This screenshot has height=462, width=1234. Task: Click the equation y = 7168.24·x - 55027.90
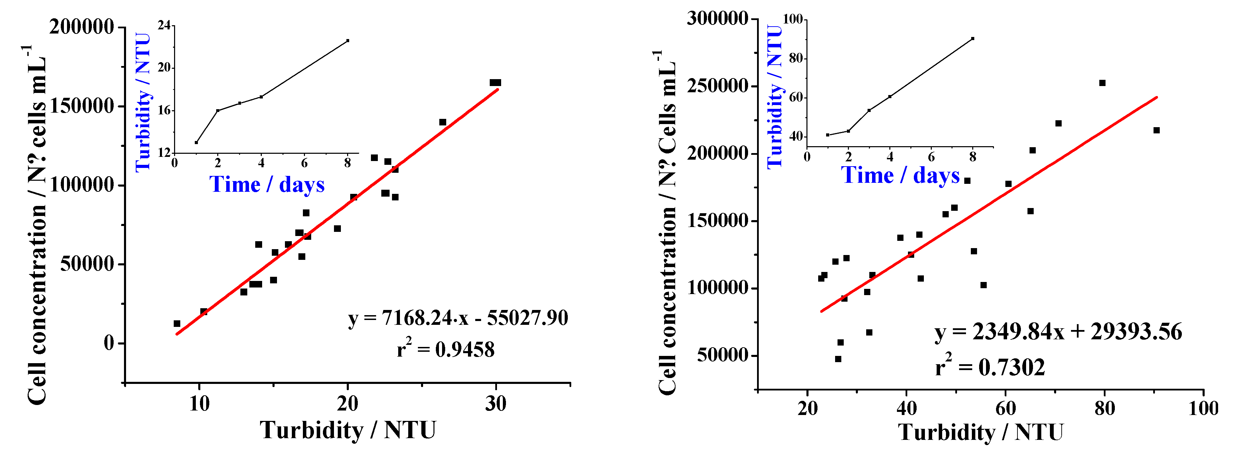(458, 318)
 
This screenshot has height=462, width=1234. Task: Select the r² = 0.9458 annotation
(446, 349)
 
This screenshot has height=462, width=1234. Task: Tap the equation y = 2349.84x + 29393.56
(1058, 332)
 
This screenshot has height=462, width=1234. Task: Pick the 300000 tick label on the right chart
(717, 18)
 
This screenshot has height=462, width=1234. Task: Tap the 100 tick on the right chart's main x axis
(1203, 408)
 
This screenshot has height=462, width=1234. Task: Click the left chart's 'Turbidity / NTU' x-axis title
(348, 430)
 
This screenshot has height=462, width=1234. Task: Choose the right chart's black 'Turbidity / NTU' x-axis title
(980, 432)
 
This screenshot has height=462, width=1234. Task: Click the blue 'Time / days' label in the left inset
(267, 185)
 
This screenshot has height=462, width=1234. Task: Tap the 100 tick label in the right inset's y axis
(792, 19)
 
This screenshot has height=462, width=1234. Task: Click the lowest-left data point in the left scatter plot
(177, 323)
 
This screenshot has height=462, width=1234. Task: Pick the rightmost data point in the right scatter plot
(1156, 130)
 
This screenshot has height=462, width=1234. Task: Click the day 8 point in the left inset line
(348, 41)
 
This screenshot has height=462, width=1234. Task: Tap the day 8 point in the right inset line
(973, 38)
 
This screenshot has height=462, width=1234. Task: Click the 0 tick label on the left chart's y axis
(109, 343)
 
